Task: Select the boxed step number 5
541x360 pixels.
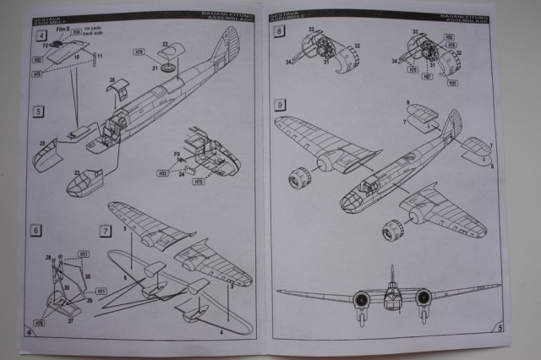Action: coord(37,111)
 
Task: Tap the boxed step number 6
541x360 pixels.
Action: coord(35,229)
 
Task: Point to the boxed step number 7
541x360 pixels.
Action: coord(105,230)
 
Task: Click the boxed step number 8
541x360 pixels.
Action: coord(280,31)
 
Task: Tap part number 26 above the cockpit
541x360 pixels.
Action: coord(112,82)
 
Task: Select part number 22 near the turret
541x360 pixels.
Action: coord(166,43)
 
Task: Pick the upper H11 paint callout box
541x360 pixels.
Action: coord(84,254)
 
